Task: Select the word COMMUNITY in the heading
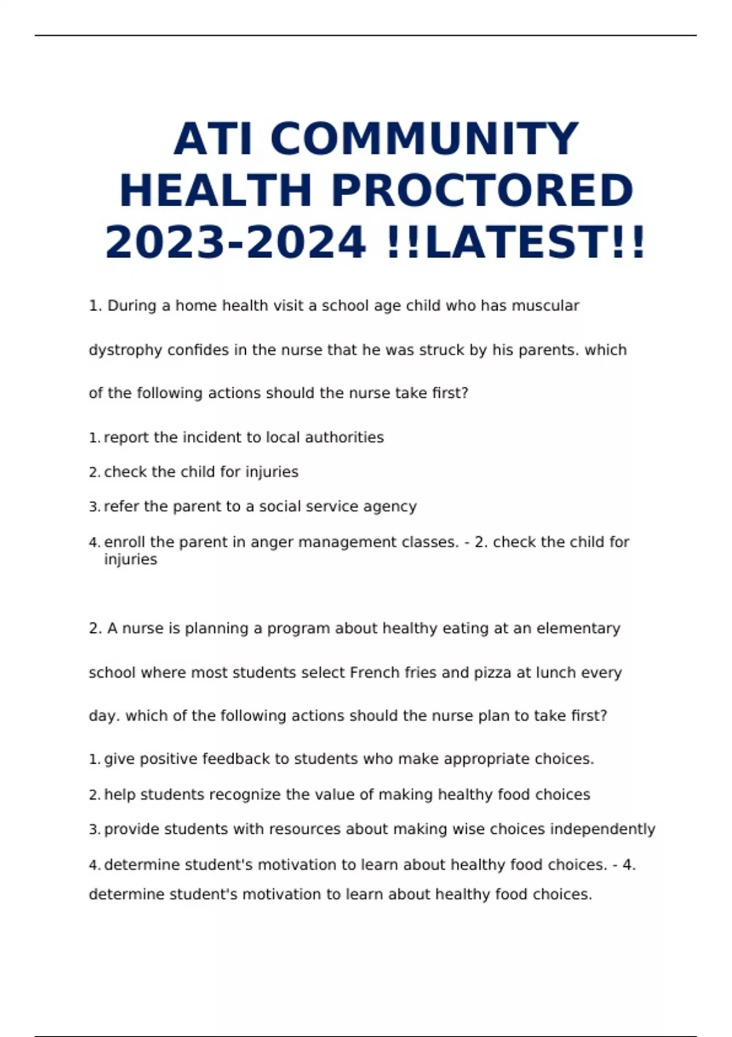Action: tap(425, 139)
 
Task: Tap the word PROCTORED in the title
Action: tap(482, 191)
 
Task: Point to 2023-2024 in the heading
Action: tap(235, 243)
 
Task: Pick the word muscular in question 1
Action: tap(545, 306)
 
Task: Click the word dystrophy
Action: tap(126, 351)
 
